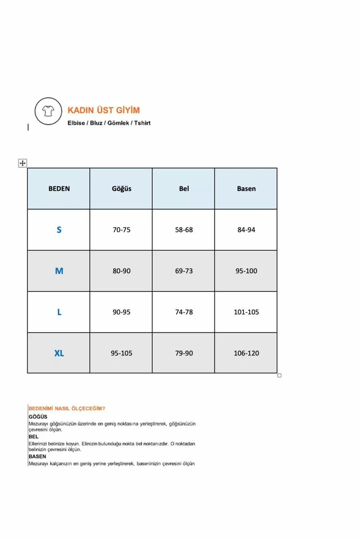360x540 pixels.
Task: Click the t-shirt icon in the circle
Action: [48, 111]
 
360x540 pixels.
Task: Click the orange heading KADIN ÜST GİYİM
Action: [104, 110]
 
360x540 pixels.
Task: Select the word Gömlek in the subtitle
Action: [118, 123]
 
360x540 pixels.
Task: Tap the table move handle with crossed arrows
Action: [22, 163]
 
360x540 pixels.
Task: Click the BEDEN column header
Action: [59, 189]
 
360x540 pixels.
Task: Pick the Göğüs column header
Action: [121, 189]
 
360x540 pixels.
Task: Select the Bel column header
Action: [184, 189]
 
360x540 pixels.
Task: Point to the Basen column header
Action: [246, 189]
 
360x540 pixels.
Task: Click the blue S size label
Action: [59, 230]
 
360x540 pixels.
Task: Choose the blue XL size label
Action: [59, 353]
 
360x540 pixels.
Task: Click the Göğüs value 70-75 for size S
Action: [121, 230]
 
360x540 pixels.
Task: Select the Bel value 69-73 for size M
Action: [184, 271]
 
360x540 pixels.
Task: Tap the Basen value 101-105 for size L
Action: [246, 312]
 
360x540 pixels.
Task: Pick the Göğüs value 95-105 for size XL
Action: [121, 353]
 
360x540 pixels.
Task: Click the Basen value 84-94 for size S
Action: [246, 230]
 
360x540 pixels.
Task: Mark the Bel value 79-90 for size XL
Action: [184, 353]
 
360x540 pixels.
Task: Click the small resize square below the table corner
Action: [279, 375]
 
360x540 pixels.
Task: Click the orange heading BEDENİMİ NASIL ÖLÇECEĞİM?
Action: [67, 408]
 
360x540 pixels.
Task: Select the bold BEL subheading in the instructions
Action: [34, 436]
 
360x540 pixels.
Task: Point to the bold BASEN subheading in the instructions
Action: [37, 456]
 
